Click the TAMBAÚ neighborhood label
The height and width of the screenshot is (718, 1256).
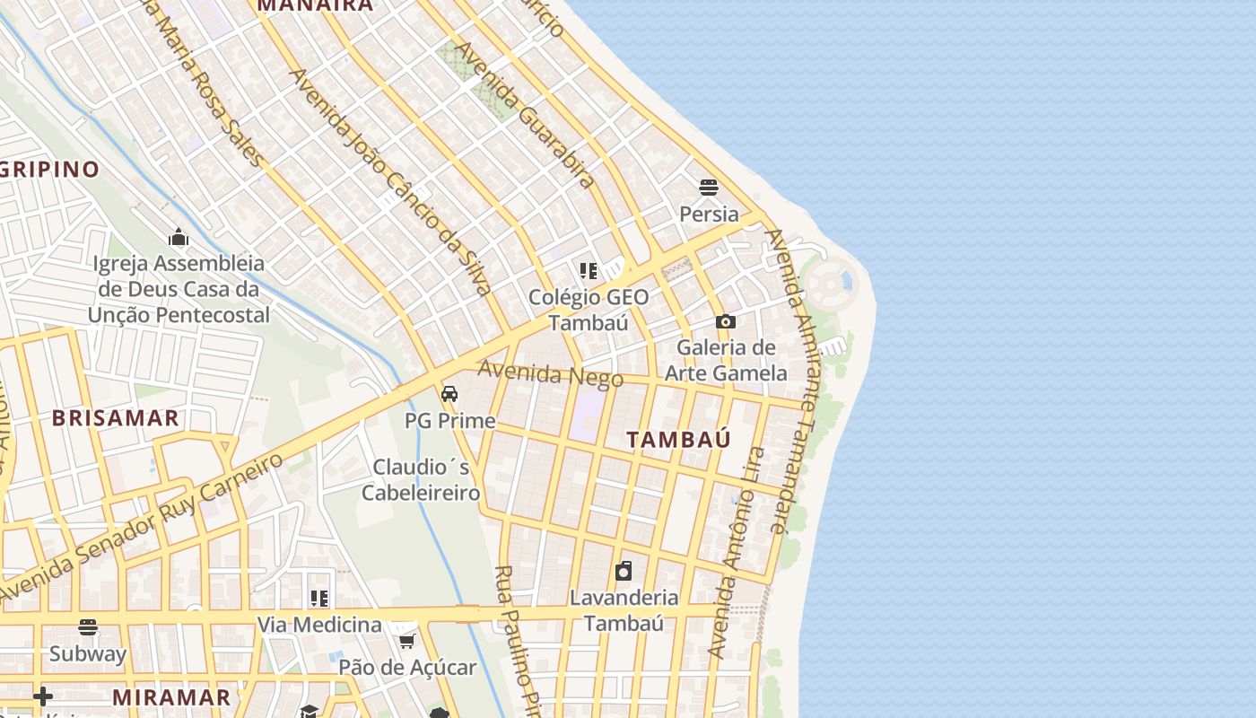click(678, 440)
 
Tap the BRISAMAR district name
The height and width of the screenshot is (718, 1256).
click(115, 418)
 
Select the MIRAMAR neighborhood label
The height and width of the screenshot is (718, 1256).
click(171, 697)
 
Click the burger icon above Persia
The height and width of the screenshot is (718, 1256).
click(709, 188)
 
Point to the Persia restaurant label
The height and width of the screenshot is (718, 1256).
click(709, 215)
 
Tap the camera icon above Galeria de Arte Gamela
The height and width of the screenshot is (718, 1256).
click(726, 321)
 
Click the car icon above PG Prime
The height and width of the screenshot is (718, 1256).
click(449, 394)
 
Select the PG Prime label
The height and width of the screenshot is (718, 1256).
click(449, 421)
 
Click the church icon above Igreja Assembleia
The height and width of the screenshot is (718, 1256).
click(179, 237)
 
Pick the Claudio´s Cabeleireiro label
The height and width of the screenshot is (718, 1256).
click(421, 480)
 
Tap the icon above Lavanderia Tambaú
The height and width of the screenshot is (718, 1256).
click(624, 571)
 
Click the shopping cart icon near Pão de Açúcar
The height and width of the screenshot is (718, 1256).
click(407, 641)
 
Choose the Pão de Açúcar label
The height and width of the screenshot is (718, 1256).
click(407, 668)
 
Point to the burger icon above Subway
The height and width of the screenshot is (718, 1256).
click(88, 626)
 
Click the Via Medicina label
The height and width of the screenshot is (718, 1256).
click(319, 625)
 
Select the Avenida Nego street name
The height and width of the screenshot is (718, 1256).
click(550, 373)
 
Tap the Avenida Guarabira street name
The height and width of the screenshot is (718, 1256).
click(525, 115)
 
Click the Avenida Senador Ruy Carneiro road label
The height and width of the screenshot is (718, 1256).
click(144, 528)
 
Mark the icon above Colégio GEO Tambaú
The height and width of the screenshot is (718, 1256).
click(589, 270)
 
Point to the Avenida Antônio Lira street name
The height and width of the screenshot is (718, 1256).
click(734, 552)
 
